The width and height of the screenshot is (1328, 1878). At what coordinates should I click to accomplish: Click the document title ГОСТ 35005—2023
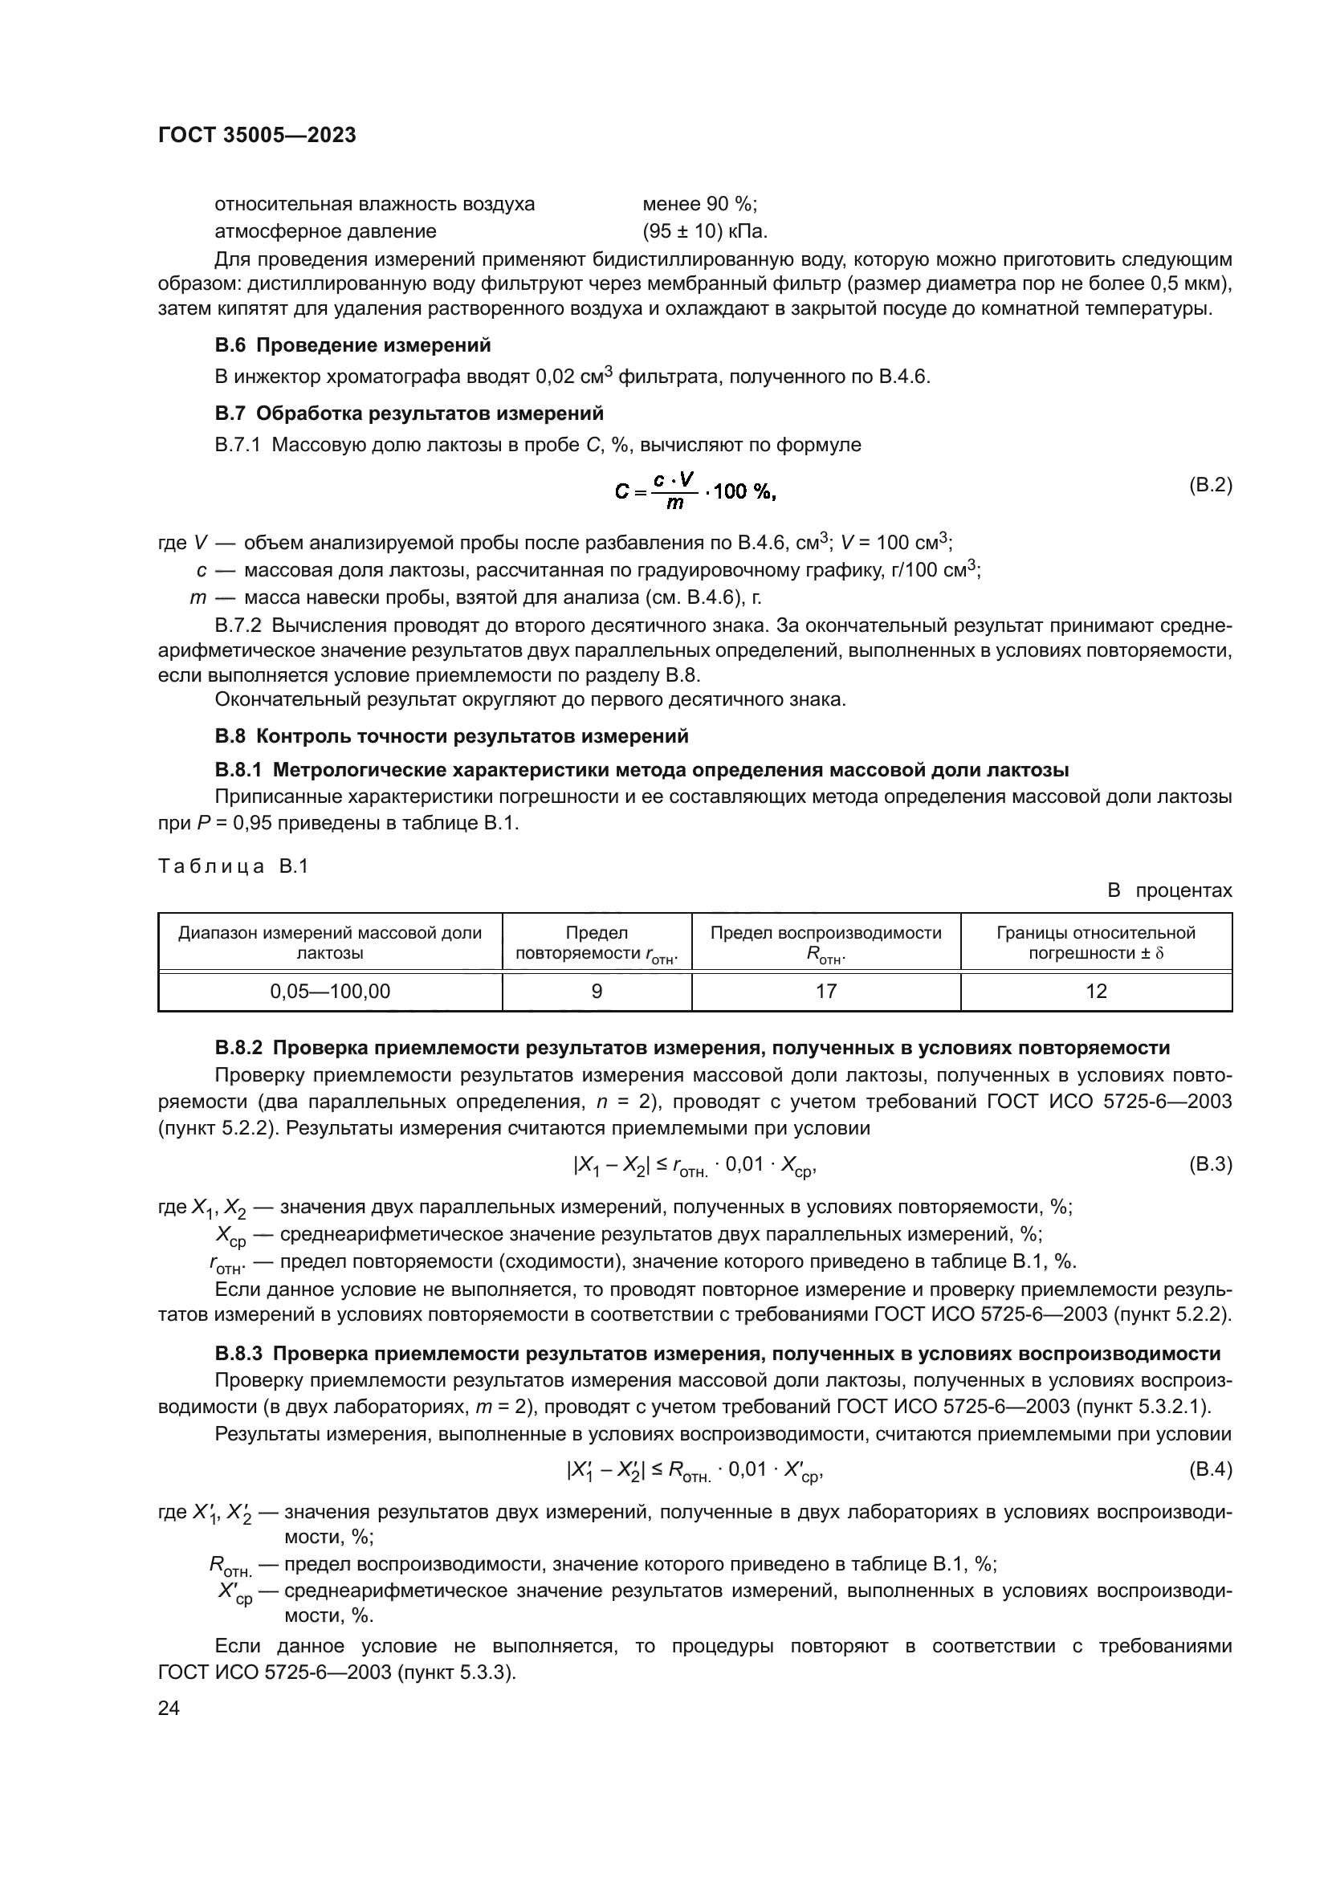click(257, 136)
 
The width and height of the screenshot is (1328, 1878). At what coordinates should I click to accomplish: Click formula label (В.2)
click(1209, 485)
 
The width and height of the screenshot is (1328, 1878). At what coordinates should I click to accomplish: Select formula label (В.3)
click(1209, 1164)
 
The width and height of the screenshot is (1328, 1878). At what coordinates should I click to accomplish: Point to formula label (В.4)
click(1209, 1469)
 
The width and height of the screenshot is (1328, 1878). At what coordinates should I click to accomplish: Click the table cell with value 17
click(826, 992)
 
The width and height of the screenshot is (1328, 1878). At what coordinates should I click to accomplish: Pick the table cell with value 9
click(597, 992)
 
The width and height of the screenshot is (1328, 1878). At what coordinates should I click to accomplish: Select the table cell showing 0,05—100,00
click(330, 992)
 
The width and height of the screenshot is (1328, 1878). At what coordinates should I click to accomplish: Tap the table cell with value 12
click(1096, 992)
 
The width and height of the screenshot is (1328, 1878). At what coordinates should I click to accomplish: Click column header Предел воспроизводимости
click(826, 943)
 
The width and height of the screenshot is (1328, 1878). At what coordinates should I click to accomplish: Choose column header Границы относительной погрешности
click(1096, 943)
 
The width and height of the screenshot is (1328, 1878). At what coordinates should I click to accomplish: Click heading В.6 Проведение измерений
click(352, 345)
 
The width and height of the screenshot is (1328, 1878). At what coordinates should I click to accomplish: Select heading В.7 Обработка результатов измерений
click(409, 413)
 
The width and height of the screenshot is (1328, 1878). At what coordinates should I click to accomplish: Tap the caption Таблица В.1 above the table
click(233, 866)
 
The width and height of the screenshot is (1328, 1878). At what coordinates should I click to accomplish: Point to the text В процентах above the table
click(1169, 890)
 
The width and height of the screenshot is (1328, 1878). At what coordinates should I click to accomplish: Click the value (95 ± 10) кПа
click(705, 231)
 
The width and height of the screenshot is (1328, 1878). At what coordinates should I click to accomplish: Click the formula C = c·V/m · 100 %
click(695, 491)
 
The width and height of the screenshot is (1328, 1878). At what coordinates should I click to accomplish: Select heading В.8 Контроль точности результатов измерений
click(451, 736)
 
